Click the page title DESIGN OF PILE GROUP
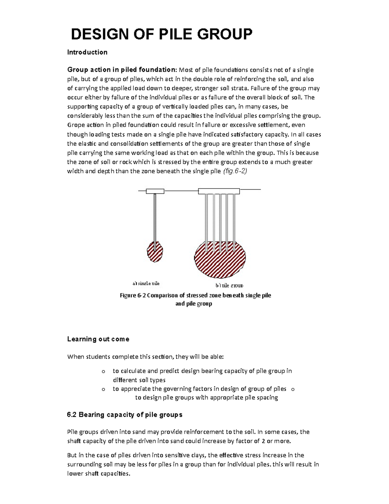tap(161, 34)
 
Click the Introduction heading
tap(87, 52)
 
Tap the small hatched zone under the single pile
tap(155, 252)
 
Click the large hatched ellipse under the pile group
tap(220, 260)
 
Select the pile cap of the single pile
tap(155, 191)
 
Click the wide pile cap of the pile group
tap(219, 191)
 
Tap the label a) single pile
tap(146, 283)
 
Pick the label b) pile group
tap(229, 286)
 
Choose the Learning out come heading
tap(98, 339)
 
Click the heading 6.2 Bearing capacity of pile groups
tap(124, 415)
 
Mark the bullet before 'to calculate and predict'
tap(103, 372)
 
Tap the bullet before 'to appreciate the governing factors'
tap(103, 389)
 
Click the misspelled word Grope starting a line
tap(75, 125)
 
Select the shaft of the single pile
tap(155, 221)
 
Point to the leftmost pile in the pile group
tap(206, 221)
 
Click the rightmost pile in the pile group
tap(234, 221)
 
